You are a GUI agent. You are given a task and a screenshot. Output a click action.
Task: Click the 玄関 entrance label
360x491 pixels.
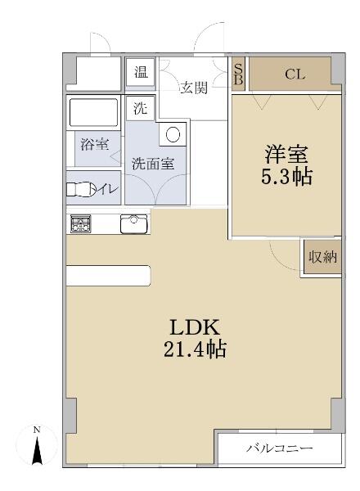(194, 87)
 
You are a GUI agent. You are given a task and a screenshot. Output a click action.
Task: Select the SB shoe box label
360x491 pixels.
(238, 74)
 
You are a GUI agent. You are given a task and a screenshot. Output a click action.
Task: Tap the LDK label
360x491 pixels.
(194, 327)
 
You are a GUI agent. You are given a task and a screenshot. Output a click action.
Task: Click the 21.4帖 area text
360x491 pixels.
(194, 350)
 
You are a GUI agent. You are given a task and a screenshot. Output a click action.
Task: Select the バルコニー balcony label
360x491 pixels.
(280, 448)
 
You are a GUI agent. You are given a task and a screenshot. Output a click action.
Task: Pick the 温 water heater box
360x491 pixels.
(142, 72)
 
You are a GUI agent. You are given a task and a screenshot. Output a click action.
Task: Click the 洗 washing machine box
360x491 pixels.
(140, 106)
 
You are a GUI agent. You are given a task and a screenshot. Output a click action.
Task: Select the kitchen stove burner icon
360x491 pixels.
(81, 223)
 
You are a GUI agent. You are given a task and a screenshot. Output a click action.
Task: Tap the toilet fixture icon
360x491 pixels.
(79, 190)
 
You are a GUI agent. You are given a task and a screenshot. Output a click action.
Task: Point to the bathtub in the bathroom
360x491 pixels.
(93, 111)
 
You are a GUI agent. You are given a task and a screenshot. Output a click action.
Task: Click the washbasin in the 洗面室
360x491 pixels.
(174, 134)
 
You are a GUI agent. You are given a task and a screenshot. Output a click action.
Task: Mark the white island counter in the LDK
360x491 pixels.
(108, 276)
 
